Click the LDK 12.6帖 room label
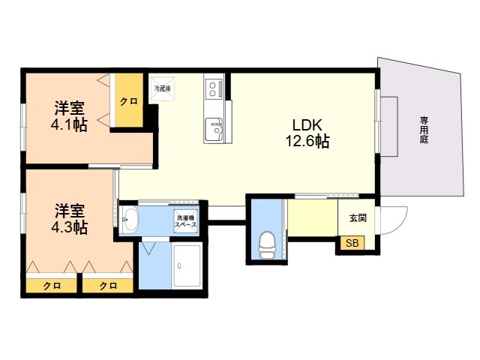coord(307,133)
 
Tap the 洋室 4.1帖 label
coord(69,116)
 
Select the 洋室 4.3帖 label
coord(69,218)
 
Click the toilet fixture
coord(267,246)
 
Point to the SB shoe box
coord(352,243)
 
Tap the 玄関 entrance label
coord(358,218)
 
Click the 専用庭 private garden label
coord(424,130)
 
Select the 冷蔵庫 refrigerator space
coord(162,89)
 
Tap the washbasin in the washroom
coord(130,219)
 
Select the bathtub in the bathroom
coord(187,266)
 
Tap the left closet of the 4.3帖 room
coord(52,285)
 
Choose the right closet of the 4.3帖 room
coord(108,285)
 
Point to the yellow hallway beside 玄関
coord(313,217)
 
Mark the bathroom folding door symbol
coord(149,248)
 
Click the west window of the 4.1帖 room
coord(23,127)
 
